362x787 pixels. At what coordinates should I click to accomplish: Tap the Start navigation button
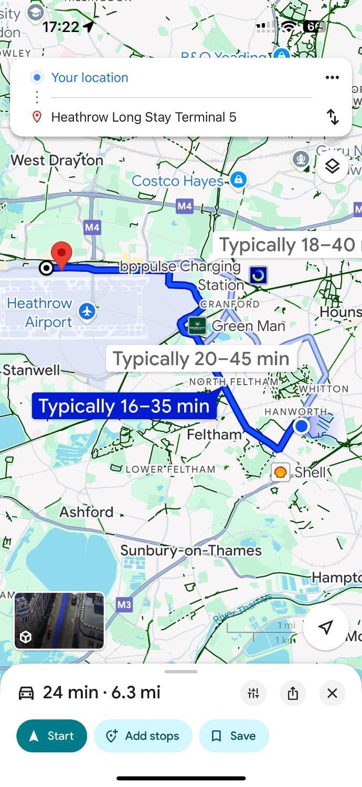point(51,736)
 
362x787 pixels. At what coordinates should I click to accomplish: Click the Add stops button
point(143,736)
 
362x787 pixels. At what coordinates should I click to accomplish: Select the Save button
point(234,736)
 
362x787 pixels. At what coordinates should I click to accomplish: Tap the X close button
point(332,693)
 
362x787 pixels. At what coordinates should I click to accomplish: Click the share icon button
point(293,693)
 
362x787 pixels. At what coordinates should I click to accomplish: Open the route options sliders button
point(253,693)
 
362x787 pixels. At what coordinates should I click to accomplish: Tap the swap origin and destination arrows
point(333,116)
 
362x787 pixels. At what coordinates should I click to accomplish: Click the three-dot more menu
point(332,78)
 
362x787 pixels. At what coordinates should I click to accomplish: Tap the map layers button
point(332,166)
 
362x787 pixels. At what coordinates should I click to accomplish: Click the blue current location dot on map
point(301,426)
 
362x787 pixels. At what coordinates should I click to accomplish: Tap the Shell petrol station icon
point(281,472)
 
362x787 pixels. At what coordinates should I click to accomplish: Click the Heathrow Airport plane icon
point(87,312)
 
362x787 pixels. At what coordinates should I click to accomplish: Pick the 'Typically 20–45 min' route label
point(201,359)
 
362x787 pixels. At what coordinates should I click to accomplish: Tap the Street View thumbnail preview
point(59,621)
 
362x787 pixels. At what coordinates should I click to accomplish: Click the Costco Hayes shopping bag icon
point(238,180)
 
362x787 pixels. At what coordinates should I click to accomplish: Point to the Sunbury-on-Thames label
point(191,550)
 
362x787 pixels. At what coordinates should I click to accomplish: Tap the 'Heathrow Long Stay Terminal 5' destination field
point(144,117)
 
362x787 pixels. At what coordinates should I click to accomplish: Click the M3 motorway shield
point(124,605)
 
